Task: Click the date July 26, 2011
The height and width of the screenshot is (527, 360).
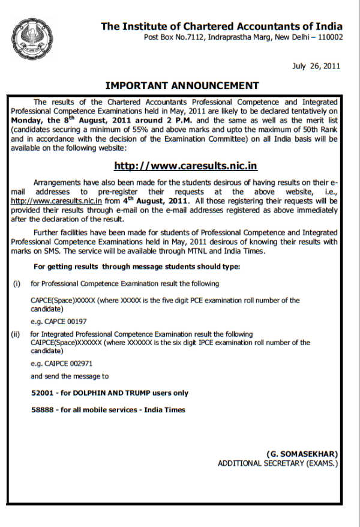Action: [316, 66]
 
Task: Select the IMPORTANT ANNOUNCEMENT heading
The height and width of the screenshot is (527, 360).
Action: [182, 86]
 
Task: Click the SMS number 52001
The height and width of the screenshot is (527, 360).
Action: [42, 393]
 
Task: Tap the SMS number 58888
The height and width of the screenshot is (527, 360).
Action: [42, 410]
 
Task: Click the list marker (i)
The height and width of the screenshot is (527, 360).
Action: [17, 283]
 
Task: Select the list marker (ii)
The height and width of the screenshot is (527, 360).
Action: [17, 334]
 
